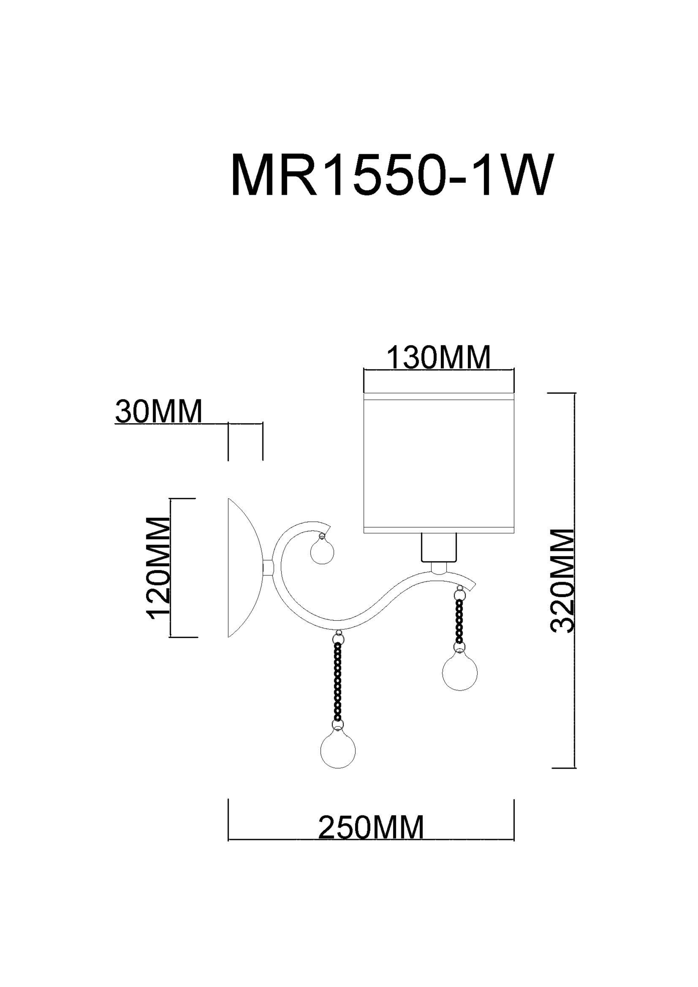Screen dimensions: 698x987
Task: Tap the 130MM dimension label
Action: click(439, 358)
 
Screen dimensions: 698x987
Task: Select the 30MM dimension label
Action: click(159, 412)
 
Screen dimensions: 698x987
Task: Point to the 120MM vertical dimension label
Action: click(159, 568)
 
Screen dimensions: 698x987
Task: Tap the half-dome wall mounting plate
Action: click(245, 568)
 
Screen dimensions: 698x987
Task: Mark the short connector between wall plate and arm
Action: click(268, 567)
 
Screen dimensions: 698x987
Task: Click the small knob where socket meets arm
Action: click(438, 568)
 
